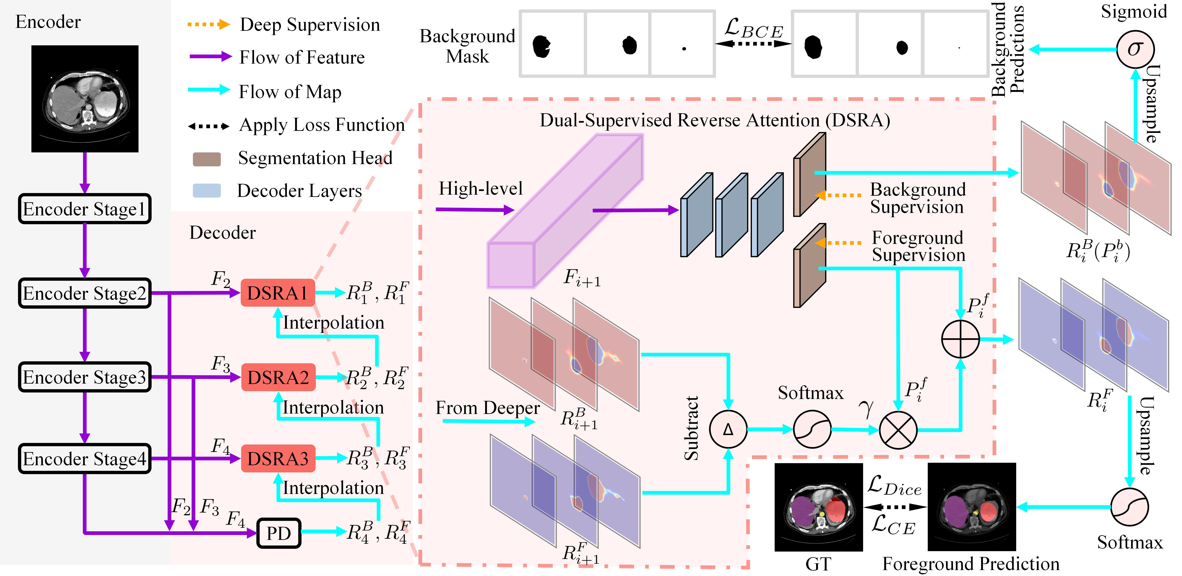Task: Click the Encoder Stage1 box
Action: click(x=84, y=209)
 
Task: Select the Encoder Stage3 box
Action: click(x=84, y=377)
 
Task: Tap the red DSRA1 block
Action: click(x=278, y=293)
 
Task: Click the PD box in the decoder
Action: click(x=278, y=533)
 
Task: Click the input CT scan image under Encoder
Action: click(x=85, y=99)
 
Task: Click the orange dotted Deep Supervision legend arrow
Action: click(x=209, y=24)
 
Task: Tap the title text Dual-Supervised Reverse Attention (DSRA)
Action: click(x=714, y=120)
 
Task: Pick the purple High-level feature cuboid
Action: click(x=564, y=211)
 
